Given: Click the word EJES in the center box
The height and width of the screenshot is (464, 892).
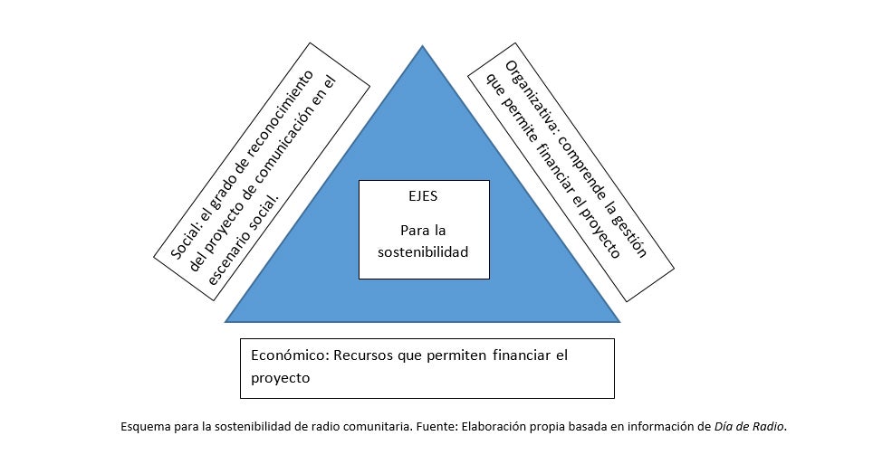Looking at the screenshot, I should tap(424, 194).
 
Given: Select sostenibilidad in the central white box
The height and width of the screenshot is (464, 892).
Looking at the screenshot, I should tap(424, 252).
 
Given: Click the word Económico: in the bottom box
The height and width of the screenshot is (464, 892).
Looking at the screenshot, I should tap(289, 355).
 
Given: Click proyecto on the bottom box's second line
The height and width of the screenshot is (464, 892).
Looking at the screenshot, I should tap(281, 378).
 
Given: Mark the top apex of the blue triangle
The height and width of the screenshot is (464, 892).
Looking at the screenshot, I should tap(422, 45).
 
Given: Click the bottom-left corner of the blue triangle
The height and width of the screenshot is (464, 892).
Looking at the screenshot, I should tap(226, 321).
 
